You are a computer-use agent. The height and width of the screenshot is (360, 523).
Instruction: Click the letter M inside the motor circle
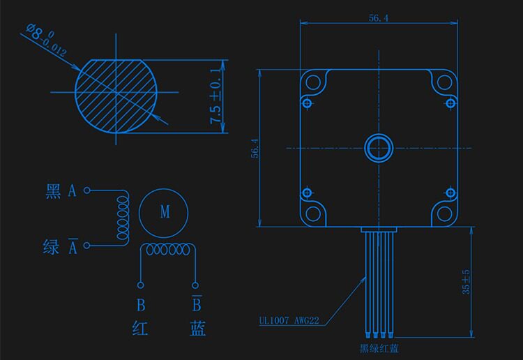pyautogui.click(x=165, y=211)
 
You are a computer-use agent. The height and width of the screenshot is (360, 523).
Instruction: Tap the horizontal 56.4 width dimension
pyautogui.click(x=378, y=17)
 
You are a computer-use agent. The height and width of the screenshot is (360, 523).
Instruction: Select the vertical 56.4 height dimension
pyautogui.click(x=255, y=148)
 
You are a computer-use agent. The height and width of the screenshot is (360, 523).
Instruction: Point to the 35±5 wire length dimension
pyautogui.click(x=466, y=282)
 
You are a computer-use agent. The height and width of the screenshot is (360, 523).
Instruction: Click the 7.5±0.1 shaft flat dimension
pyautogui.click(x=215, y=96)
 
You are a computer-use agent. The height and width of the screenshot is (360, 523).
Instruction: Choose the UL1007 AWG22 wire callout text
pyautogui.click(x=289, y=321)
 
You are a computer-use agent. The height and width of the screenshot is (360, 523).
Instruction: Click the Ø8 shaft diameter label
pyautogui.click(x=46, y=39)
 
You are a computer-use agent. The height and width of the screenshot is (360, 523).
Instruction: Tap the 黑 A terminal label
pyautogui.click(x=61, y=191)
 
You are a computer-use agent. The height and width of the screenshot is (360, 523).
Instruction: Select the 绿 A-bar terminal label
pyautogui.click(x=61, y=247)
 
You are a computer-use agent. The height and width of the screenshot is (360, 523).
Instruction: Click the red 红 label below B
pyautogui.click(x=139, y=328)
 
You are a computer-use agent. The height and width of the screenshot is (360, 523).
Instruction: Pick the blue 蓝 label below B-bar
pyautogui.click(x=198, y=328)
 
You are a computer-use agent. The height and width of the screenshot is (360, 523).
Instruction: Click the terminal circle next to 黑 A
pyautogui.click(x=86, y=190)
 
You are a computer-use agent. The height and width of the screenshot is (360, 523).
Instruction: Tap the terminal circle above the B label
pyautogui.click(x=141, y=285)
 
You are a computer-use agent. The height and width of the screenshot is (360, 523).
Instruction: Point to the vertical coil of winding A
pyautogui.click(x=123, y=217)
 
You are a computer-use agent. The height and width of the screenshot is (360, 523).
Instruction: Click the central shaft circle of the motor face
pyautogui.click(x=379, y=148)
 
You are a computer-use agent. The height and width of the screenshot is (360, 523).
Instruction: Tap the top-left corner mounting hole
pyautogui.click(x=313, y=82)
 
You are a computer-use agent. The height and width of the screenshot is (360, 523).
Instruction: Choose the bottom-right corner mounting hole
pyautogui.click(x=444, y=214)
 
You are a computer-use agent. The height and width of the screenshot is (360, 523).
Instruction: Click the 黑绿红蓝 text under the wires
pyautogui.click(x=379, y=349)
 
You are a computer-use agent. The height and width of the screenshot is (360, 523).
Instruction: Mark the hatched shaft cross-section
pyautogui.click(x=116, y=96)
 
